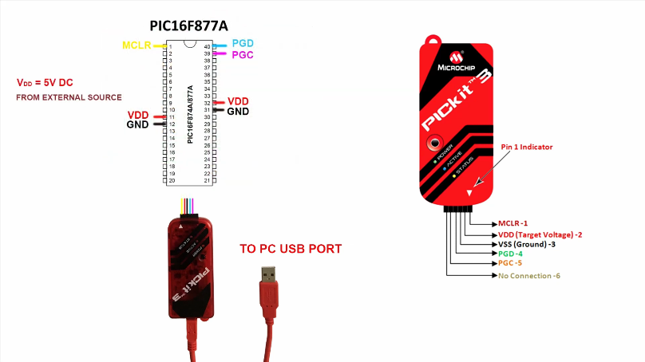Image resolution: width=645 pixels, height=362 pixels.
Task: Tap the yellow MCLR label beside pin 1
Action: [x=137, y=45]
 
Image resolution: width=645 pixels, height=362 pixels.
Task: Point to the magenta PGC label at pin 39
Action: [x=243, y=54]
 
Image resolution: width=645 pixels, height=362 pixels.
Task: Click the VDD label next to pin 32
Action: [x=238, y=101]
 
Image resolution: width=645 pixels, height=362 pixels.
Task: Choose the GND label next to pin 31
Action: [x=238, y=112]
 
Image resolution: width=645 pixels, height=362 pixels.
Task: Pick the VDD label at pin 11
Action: [x=138, y=116]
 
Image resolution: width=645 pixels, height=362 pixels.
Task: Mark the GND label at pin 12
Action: [x=138, y=125]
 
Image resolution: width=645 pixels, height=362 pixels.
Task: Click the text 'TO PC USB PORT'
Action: [x=291, y=249]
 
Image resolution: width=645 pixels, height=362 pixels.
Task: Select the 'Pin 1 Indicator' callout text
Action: [x=527, y=148]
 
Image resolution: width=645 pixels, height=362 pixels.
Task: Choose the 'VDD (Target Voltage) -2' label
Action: [x=540, y=234]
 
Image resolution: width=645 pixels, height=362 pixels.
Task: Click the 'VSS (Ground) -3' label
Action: [x=526, y=244]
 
